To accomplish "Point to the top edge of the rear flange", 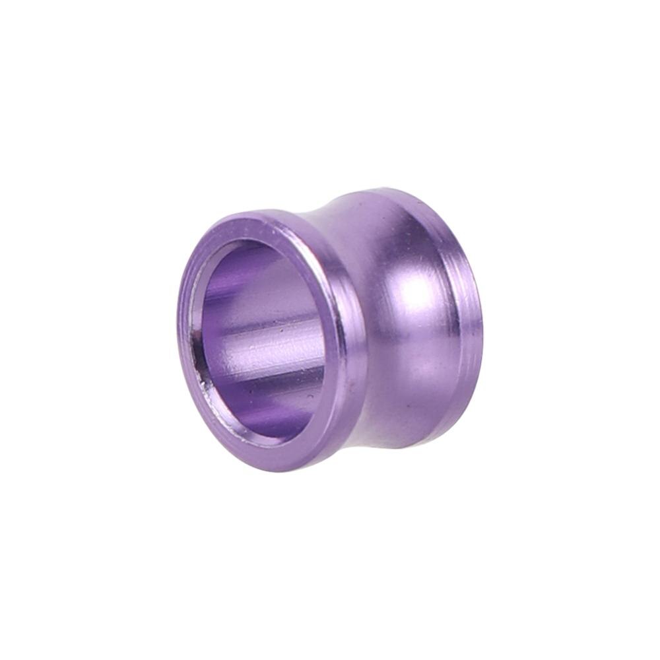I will pos(389,191).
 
